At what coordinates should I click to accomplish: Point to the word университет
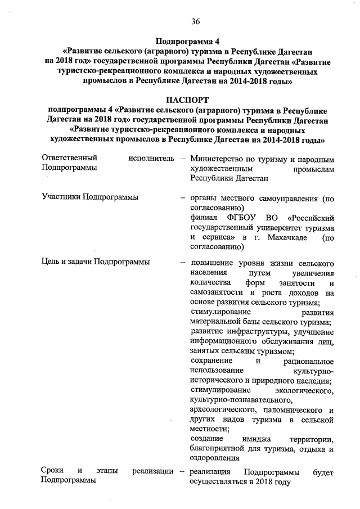268,228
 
